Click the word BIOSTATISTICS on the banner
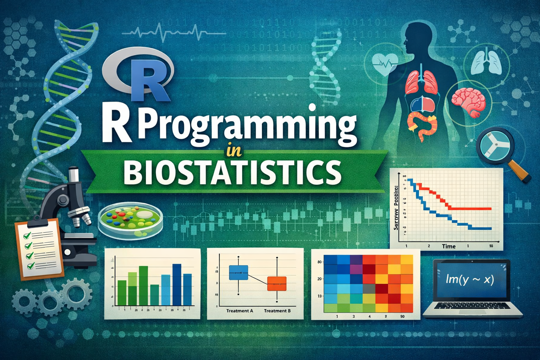pyautogui.click(x=232, y=172)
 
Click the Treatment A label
pyautogui.click(x=239, y=311)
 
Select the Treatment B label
pyautogui.click(x=277, y=311)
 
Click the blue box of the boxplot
pyautogui.click(x=238, y=272)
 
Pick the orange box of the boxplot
pyautogui.click(x=277, y=283)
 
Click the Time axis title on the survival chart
pyautogui.click(x=449, y=246)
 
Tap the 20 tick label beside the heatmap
pyautogui.click(x=320, y=279)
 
